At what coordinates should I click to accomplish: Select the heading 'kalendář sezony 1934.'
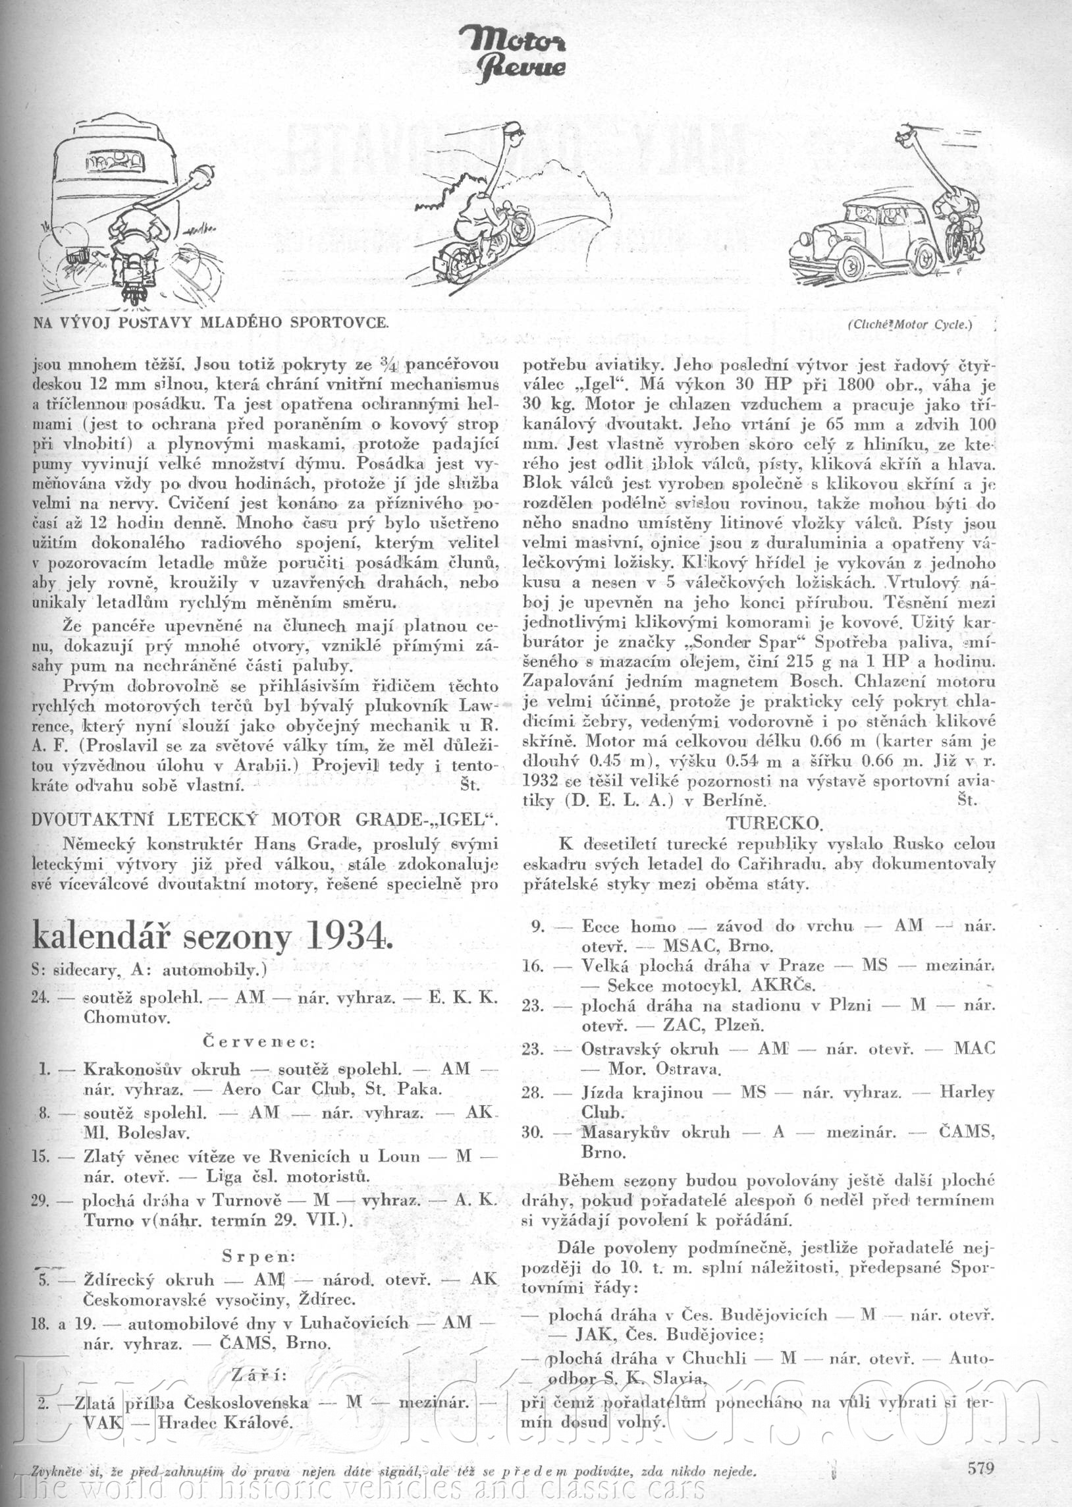point(208,937)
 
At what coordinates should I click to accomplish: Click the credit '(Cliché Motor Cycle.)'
point(911,324)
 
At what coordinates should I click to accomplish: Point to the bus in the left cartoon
point(109,172)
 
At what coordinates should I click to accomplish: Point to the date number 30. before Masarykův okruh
point(532,1132)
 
